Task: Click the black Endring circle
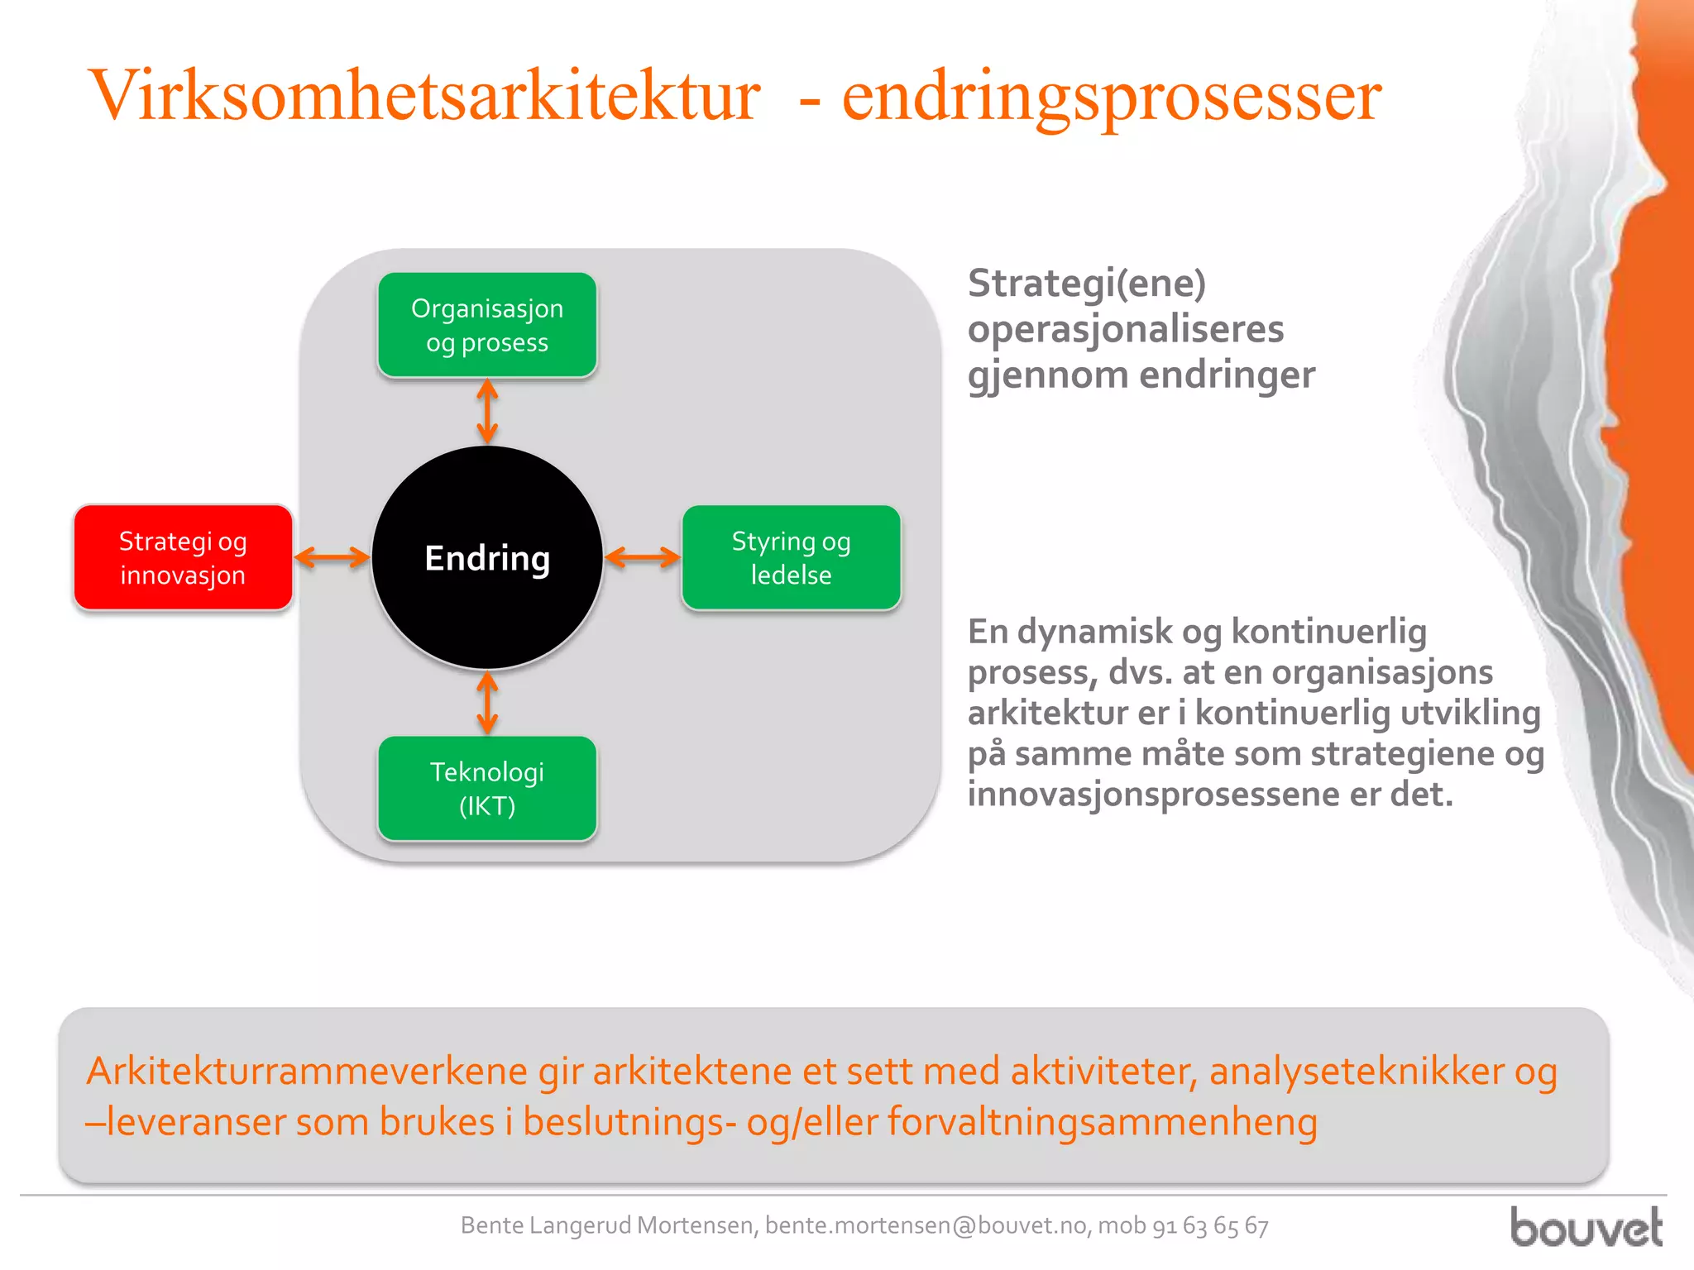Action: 487,557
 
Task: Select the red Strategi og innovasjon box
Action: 183,557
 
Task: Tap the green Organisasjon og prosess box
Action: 487,325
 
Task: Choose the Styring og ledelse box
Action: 791,557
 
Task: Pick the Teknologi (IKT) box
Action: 487,789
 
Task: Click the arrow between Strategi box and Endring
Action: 333,557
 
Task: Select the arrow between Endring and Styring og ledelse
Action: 643,557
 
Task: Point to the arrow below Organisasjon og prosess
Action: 487,411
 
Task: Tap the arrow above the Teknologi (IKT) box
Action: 487,703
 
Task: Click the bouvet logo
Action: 1586,1227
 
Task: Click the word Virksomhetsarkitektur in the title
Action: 423,96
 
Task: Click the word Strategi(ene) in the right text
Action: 1087,284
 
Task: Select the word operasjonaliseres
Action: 1126,329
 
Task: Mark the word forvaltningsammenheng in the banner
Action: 1102,1122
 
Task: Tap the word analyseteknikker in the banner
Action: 1357,1071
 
